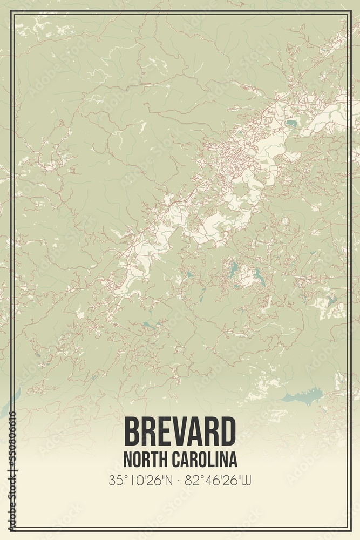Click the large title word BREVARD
point(180,431)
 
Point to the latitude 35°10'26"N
point(140,479)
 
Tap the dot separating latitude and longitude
point(180,479)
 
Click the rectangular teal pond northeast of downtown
point(292,123)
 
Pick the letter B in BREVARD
point(133,431)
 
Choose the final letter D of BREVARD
point(227,431)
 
